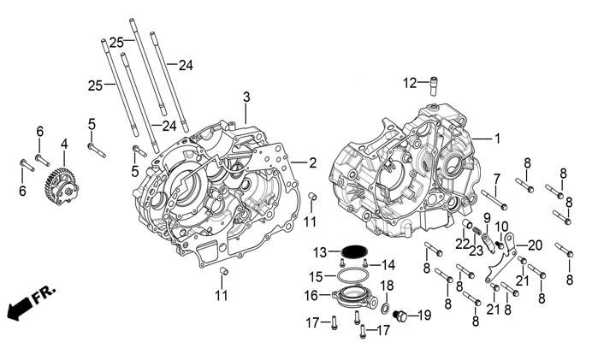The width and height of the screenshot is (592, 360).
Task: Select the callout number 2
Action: [x=313, y=162]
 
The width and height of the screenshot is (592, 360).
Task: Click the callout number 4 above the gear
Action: [x=63, y=144]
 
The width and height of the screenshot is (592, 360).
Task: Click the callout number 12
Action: [x=411, y=83]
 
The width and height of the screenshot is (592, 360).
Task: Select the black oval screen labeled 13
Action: [x=354, y=251]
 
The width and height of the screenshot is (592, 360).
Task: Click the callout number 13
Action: [x=319, y=251]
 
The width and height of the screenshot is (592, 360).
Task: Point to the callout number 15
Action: [x=316, y=277]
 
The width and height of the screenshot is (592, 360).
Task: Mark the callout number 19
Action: [x=424, y=316]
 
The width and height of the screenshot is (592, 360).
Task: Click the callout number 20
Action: [x=534, y=245]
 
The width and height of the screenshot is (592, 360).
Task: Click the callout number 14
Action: [x=388, y=263]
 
